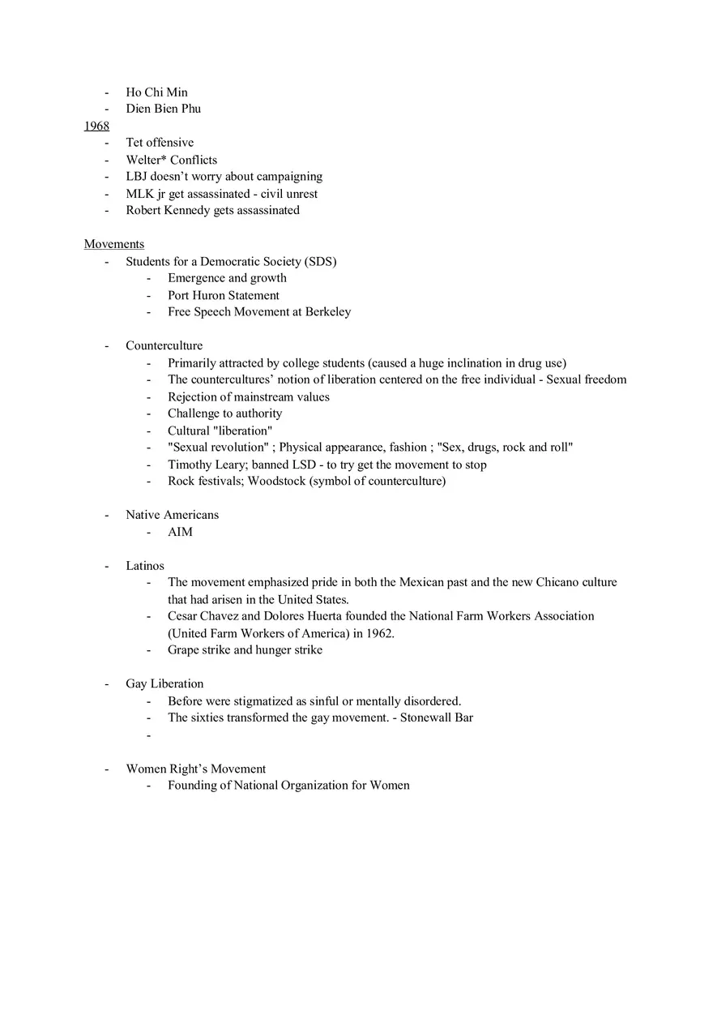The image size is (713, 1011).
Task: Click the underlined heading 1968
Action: point(96,126)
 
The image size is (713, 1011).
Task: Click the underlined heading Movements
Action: point(114,244)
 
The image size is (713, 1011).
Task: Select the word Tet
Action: point(134,143)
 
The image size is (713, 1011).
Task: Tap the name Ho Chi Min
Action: point(156,92)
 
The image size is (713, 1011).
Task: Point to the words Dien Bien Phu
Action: point(163,109)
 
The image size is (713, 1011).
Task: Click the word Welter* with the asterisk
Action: point(146,160)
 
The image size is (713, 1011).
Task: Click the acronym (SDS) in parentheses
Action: point(321,261)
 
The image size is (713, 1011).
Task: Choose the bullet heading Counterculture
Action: point(164,346)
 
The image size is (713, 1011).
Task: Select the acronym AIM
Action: point(180,532)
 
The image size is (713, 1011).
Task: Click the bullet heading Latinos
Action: point(145,566)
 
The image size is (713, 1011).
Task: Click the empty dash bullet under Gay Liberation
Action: point(149,735)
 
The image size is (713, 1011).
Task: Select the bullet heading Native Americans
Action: point(172,515)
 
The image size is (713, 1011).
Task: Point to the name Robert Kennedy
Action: point(168,211)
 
